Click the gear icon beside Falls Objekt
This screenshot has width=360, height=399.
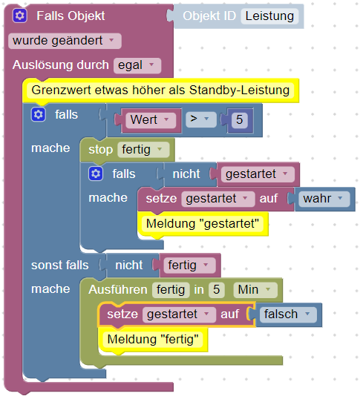[x=19, y=16]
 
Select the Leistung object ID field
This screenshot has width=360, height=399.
[x=269, y=16]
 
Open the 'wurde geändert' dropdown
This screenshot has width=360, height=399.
[x=65, y=41]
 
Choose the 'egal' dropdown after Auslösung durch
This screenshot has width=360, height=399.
[x=137, y=65]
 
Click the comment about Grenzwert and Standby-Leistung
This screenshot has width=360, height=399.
[x=160, y=90]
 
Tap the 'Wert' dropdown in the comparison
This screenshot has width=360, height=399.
[x=151, y=120]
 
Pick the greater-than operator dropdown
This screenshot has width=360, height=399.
[x=201, y=119]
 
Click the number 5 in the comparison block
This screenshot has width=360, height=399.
[x=239, y=119]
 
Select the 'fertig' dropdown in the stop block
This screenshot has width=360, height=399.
[x=143, y=149]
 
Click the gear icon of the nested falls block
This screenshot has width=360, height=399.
[x=96, y=174]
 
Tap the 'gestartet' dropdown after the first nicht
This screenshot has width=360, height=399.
[x=258, y=174]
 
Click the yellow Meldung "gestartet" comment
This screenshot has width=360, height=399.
[x=203, y=224]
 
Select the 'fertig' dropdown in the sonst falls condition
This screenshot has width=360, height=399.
[x=189, y=266]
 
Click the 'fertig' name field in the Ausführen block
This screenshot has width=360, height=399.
[x=171, y=290]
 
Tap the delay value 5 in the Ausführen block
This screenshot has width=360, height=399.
[x=217, y=290]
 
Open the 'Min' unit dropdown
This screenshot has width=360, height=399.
[x=255, y=290]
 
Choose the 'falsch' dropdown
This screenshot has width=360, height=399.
[x=288, y=314]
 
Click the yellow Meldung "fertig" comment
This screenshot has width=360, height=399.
[x=153, y=340]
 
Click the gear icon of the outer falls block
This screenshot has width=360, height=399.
[x=39, y=114]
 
